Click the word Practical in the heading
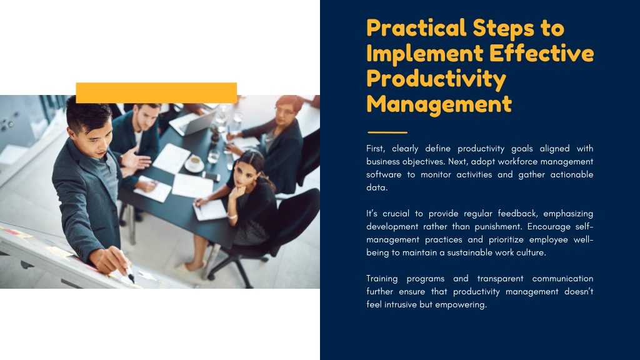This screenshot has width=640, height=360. point(416,28)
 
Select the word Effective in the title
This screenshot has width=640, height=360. point(541,54)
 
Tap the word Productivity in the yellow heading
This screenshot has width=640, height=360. point(436,79)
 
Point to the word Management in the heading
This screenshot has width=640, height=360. point(439,104)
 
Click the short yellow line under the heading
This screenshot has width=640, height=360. point(387,132)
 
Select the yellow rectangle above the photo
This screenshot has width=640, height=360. point(156,92)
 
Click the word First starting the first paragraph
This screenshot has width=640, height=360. point(376,149)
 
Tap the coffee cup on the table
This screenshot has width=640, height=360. point(194,163)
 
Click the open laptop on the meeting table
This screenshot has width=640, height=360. point(194,123)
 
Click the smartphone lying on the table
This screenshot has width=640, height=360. point(211,176)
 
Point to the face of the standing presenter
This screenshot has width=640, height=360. point(97,138)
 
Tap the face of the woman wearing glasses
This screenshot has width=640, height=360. point(284,113)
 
